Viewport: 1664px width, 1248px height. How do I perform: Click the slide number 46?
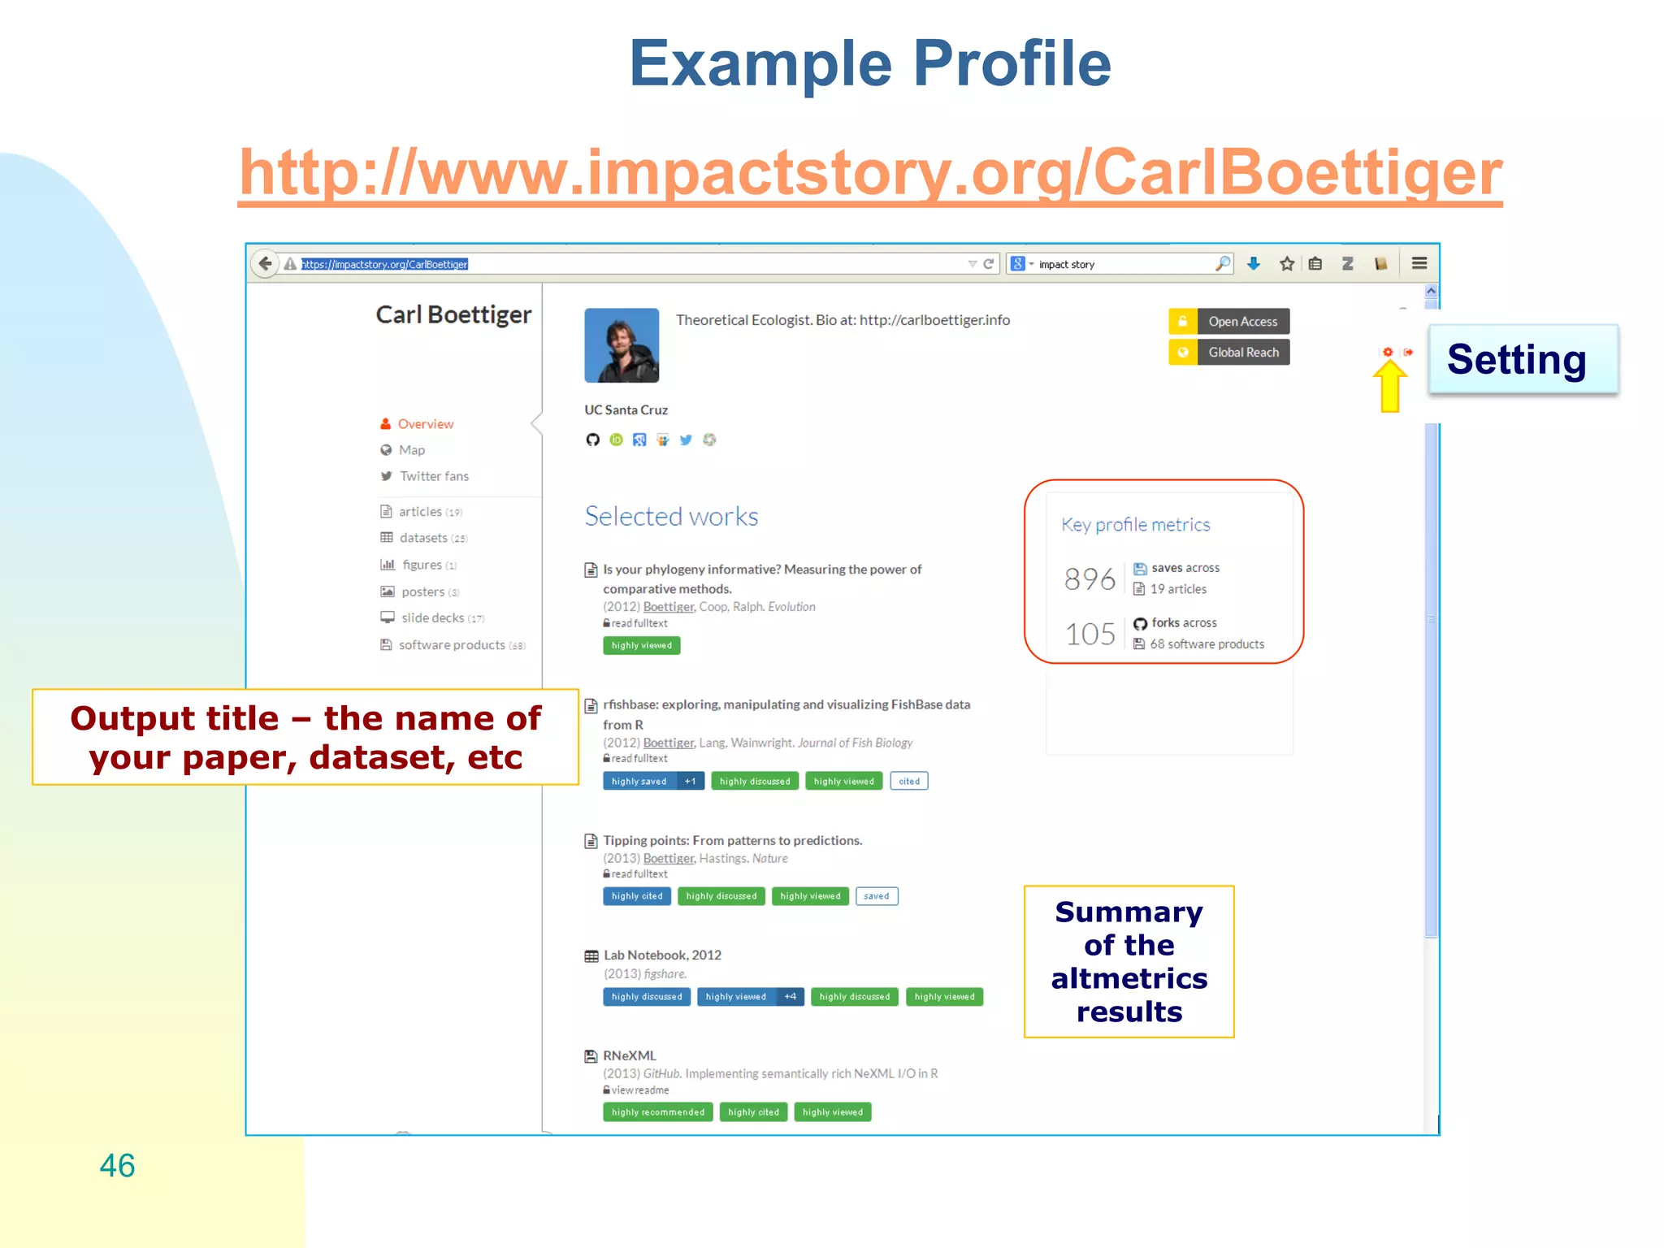point(117,1165)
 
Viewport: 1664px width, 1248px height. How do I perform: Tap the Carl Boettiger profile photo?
point(622,345)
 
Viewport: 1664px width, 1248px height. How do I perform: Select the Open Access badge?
point(1228,321)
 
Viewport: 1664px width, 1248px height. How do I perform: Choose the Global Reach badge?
point(1228,352)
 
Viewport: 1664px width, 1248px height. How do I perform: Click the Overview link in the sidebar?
point(425,424)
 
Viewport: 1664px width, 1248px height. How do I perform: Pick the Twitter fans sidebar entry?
point(433,476)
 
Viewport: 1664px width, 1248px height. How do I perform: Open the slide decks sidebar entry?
point(432,618)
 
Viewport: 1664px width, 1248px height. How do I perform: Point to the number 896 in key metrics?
point(1090,578)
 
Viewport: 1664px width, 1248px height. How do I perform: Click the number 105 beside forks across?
point(1090,634)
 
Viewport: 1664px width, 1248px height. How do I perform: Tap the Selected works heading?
point(671,517)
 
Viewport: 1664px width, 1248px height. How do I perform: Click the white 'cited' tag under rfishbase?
point(908,782)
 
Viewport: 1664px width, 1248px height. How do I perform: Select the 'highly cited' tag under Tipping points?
point(637,896)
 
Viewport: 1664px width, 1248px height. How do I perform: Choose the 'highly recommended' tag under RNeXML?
point(657,1112)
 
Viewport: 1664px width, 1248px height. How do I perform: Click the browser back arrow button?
point(265,263)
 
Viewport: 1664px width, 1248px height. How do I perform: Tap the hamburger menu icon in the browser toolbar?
point(1419,263)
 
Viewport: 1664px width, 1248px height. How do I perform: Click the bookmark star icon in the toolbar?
point(1286,263)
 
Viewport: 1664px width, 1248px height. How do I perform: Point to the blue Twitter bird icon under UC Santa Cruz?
point(686,440)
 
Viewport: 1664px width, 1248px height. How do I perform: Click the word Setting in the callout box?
point(1516,359)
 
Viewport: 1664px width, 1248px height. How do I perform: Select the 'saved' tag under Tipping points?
point(876,896)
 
